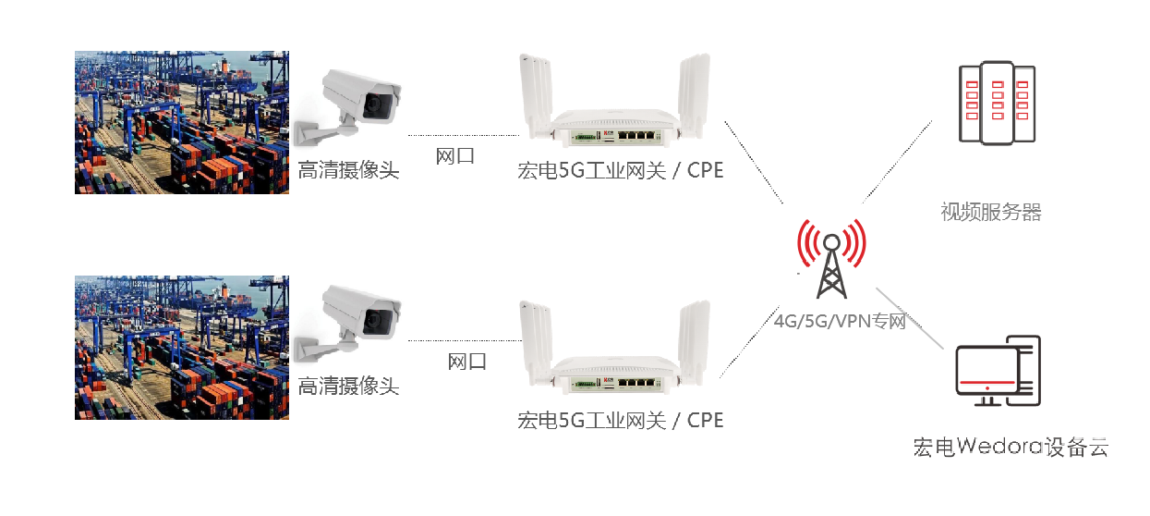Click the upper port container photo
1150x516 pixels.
[181, 122]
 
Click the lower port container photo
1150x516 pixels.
[181, 348]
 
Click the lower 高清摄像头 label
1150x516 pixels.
[348, 387]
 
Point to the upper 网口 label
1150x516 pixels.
[455, 156]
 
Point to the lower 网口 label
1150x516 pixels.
[467, 362]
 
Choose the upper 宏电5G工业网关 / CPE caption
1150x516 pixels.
[620, 172]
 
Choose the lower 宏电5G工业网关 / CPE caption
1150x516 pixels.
[620, 421]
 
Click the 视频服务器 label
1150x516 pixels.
[991, 213]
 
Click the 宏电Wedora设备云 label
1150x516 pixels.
[1010, 448]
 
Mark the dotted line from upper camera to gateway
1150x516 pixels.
[462, 134]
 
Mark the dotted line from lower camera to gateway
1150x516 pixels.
[462, 340]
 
